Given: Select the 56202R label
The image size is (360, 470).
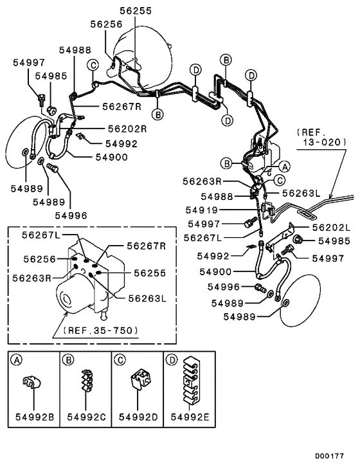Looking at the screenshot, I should (x=127, y=129).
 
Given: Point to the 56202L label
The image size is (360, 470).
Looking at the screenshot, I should (x=331, y=228).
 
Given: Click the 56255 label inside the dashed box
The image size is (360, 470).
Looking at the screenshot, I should (x=149, y=272).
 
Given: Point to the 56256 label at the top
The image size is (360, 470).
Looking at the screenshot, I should (x=105, y=24).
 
